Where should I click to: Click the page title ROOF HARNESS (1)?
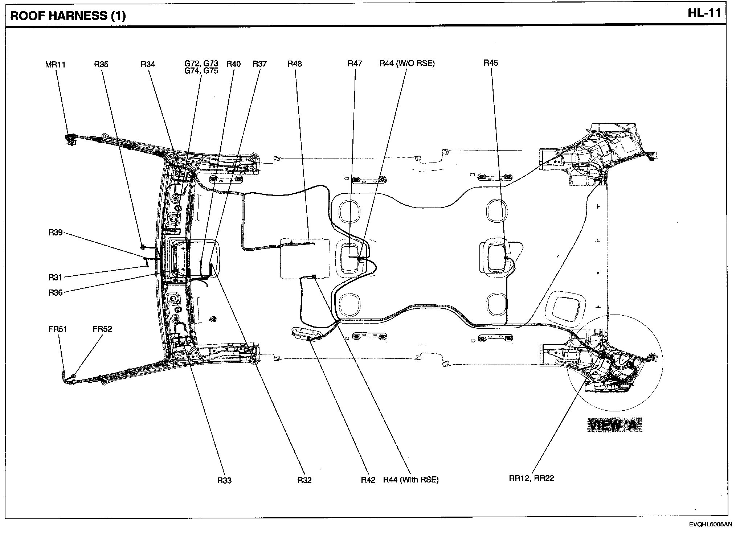click(x=68, y=16)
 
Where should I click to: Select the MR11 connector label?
click(x=55, y=65)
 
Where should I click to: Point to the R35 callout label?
click(x=101, y=65)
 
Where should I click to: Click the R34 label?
click(x=148, y=65)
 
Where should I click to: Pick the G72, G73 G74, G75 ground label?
click(x=201, y=67)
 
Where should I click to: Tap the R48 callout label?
click(x=294, y=64)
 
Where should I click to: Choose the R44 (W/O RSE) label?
click(x=407, y=63)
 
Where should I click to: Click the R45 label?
click(x=491, y=63)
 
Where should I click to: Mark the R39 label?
click(x=56, y=233)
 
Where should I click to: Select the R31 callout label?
click(x=56, y=278)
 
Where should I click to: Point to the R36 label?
click(x=56, y=292)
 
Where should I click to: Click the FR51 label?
click(x=58, y=329)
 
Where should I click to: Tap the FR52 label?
click(x=102, y=329)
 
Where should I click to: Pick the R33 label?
click(x=224, y=480)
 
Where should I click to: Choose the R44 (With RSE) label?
click(x=411, y=480)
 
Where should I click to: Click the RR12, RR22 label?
click(x=531, y=478)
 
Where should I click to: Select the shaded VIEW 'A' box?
click(x=615, y=425)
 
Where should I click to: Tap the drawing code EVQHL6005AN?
click(x=711, y=525)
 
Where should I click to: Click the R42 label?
click(x=368, y=480)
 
